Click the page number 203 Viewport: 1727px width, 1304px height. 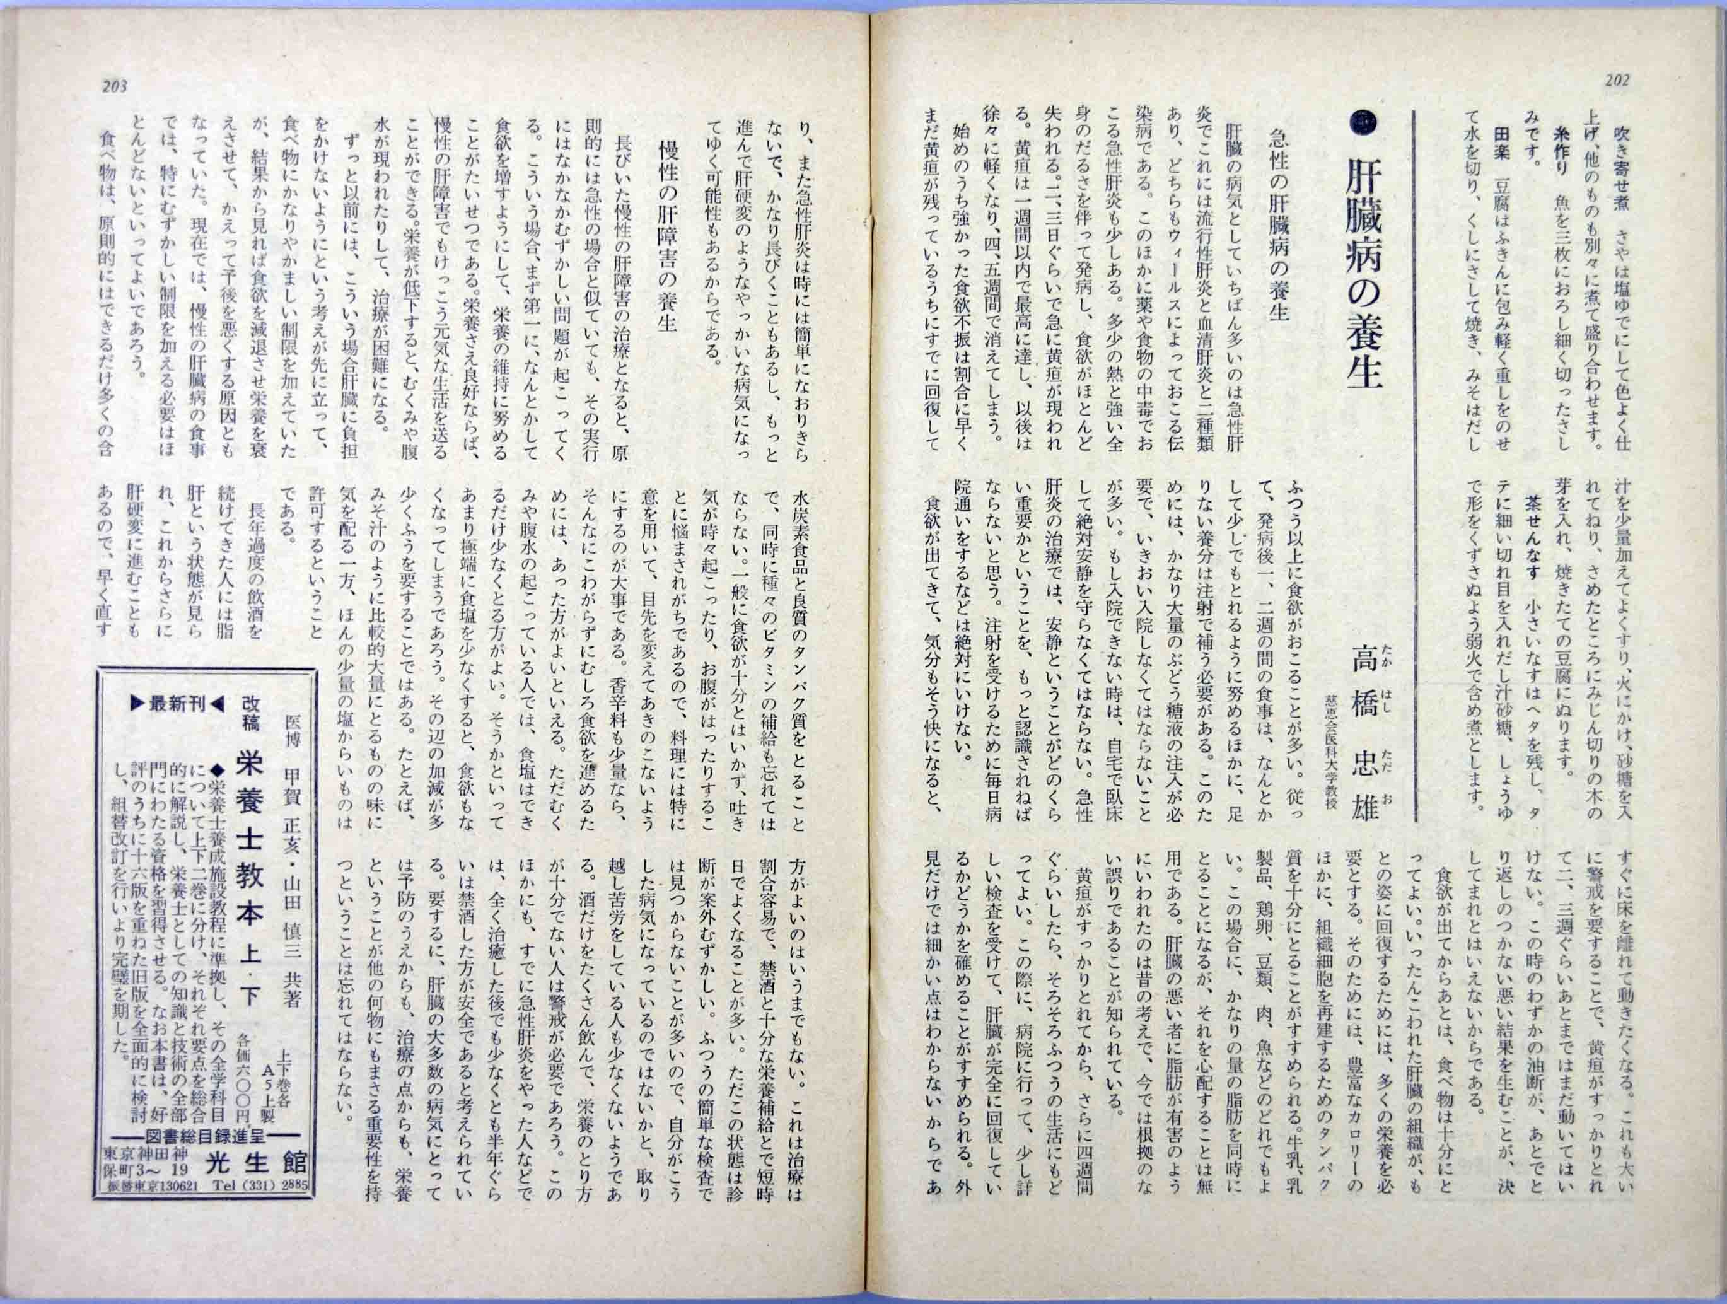pyautogui.click(x=114, y=86)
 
